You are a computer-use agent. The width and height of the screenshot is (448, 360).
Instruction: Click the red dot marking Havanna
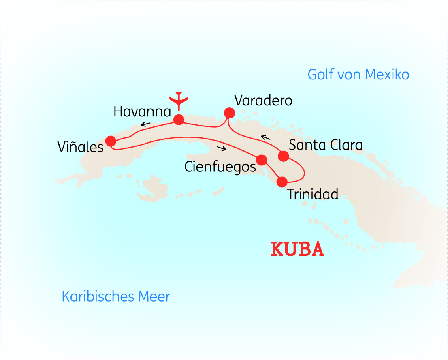179,120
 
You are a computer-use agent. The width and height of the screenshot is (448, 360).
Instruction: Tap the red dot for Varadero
229,112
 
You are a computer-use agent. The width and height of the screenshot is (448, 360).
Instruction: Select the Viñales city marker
110,141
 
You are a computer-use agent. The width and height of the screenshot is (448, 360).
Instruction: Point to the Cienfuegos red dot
262,160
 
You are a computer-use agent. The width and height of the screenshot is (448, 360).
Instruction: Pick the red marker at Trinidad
282,182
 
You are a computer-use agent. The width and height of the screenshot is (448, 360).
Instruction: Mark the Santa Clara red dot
284,156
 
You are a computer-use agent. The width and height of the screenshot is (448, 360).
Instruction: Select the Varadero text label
263,100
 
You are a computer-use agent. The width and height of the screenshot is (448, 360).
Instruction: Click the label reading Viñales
81,147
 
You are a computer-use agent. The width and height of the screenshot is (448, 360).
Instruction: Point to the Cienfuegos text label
220,167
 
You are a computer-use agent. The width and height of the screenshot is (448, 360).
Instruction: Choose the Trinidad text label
313,194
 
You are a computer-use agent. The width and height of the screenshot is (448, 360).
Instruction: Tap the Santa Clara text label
326,145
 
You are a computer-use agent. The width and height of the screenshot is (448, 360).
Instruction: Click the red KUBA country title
297,249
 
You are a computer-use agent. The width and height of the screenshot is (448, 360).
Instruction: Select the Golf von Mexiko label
358,75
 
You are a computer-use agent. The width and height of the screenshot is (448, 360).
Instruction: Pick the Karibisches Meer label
116,296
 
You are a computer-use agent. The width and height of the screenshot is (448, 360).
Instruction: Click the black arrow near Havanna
146,124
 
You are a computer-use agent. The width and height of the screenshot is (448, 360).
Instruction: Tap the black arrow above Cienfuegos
222,148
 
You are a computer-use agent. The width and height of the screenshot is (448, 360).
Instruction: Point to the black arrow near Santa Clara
265,138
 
